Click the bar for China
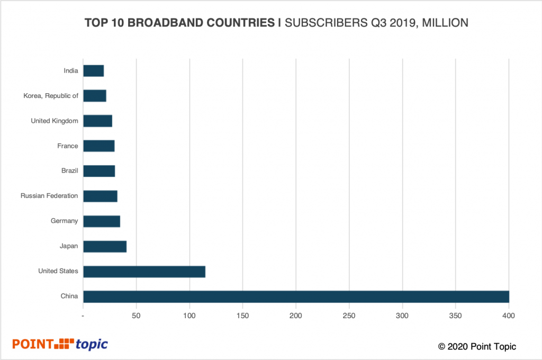(296, 296)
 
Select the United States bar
(144, 272)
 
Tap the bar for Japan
(105, 247)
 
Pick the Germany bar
(102, 221)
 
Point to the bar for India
(93, 70)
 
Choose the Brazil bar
(99, 171)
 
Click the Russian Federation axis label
(49, 196)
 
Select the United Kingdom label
(55, 121)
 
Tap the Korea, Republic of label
(51, 96)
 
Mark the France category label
(68, 146)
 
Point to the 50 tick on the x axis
(137, 316)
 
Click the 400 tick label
(509, 316)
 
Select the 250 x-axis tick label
(349, 316)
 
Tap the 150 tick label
(242, 316)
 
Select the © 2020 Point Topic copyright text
(477, 347)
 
